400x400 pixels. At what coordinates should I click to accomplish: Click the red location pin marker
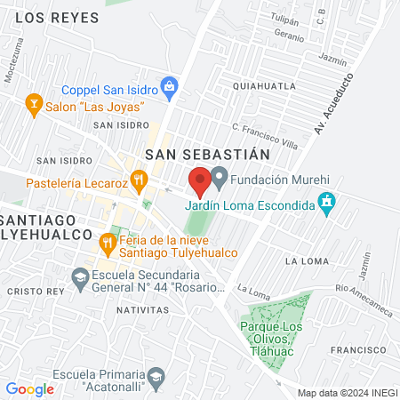point(201,181)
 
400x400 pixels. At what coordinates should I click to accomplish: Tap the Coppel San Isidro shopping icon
point(171,87)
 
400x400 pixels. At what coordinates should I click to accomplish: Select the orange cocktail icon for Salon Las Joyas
point(35,106)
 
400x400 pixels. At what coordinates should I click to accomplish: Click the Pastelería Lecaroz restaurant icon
point(139,182)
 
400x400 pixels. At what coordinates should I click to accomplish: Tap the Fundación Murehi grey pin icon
point(220,178)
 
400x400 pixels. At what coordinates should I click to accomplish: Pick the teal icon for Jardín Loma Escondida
point(327,204)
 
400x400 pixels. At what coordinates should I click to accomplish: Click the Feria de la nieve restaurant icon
point(108,241)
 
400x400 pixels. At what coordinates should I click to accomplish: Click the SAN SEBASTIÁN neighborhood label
point(206,153)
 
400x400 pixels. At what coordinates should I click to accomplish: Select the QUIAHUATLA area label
point(263,86)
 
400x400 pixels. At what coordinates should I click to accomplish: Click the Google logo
point(29,388)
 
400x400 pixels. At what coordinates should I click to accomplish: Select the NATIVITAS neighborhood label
point(142,310)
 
